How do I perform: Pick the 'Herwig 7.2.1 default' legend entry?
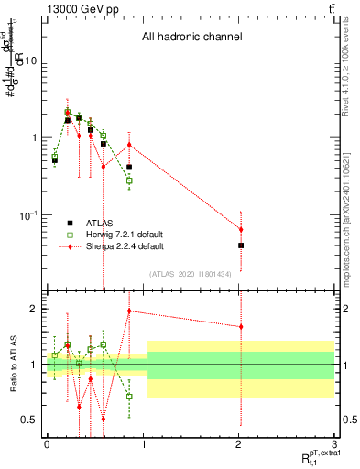pyautogui.click(x=124, y=234)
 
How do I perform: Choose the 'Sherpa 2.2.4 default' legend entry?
pyautogui.click(x=124, y=246)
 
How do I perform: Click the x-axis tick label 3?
pyautogui.click(x=335, y=442)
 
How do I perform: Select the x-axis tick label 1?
pyautogui.click(x=143, y=442)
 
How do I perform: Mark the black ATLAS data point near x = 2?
pyautogui.click(x=241, y=245)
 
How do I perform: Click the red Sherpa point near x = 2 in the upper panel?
pyautogui.click(x=241, y=229)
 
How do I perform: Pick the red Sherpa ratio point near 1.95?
pyautogui.click(x=129, y=311)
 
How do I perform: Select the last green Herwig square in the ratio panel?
pyautogui.click(x=129, y=397)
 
